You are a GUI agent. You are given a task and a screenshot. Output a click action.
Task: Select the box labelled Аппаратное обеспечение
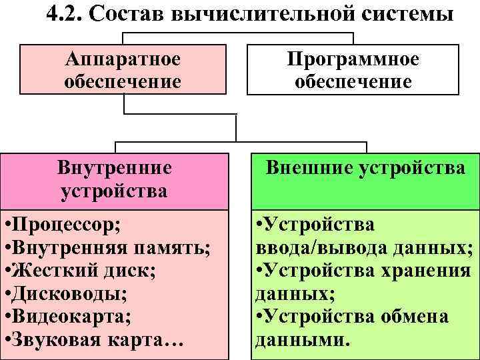123,70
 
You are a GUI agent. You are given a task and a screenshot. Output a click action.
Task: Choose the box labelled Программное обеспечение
353,70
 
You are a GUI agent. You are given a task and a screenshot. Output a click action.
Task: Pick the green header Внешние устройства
365,168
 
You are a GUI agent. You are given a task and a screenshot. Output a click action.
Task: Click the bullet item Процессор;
63,224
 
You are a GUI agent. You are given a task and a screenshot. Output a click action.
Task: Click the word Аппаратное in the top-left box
123,59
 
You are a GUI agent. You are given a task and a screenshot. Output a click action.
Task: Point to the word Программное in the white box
353,59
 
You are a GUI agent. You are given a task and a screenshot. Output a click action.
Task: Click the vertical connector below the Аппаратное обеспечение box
125,103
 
